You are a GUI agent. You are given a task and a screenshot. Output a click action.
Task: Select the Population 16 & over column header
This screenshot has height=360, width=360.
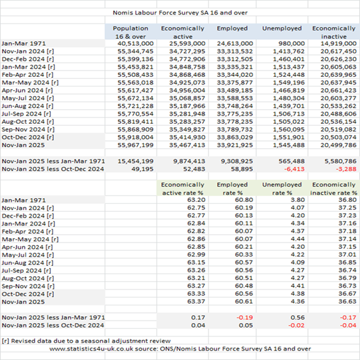coord(130,32)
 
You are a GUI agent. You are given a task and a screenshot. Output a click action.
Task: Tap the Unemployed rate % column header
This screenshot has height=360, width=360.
coord(282,189)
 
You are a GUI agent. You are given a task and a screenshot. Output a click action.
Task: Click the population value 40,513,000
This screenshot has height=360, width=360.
coord(135,43)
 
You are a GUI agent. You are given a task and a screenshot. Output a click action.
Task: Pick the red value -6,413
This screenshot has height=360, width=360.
coord(295,169)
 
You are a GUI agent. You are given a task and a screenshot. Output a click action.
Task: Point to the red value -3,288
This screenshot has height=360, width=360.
coord(346,169)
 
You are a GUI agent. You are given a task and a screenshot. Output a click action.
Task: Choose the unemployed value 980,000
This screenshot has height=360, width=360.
coord(291,43)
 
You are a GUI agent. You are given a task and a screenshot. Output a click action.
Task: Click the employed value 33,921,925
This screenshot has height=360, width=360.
coord(235,145)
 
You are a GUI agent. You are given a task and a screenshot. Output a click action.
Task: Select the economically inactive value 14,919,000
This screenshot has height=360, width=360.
coord(338,43)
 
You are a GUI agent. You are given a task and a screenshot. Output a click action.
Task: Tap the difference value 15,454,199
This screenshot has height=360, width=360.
coord(135,161)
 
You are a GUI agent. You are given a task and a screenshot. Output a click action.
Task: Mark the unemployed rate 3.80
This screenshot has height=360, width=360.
coord(298,200)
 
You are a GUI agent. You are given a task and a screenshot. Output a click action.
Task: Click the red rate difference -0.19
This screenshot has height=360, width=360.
coord(244,317)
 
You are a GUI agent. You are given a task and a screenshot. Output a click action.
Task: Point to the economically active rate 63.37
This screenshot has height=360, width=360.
coord(196,301)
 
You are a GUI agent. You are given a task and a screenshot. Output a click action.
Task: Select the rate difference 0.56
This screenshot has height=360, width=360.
coord(298,317)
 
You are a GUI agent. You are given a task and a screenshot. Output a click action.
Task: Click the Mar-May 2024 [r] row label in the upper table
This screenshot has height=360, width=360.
coord(30,83)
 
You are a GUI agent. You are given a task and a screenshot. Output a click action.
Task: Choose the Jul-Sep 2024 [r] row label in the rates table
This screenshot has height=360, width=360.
coord(26,270)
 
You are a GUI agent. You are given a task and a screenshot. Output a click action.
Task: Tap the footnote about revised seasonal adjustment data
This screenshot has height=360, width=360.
coord(86,341)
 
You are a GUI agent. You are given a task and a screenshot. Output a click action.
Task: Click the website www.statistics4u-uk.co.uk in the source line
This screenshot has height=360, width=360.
coord(91,349)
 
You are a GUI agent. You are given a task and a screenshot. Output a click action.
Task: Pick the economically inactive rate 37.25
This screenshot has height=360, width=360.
coord(347,208)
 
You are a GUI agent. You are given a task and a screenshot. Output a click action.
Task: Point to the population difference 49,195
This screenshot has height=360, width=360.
coord(142,169)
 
